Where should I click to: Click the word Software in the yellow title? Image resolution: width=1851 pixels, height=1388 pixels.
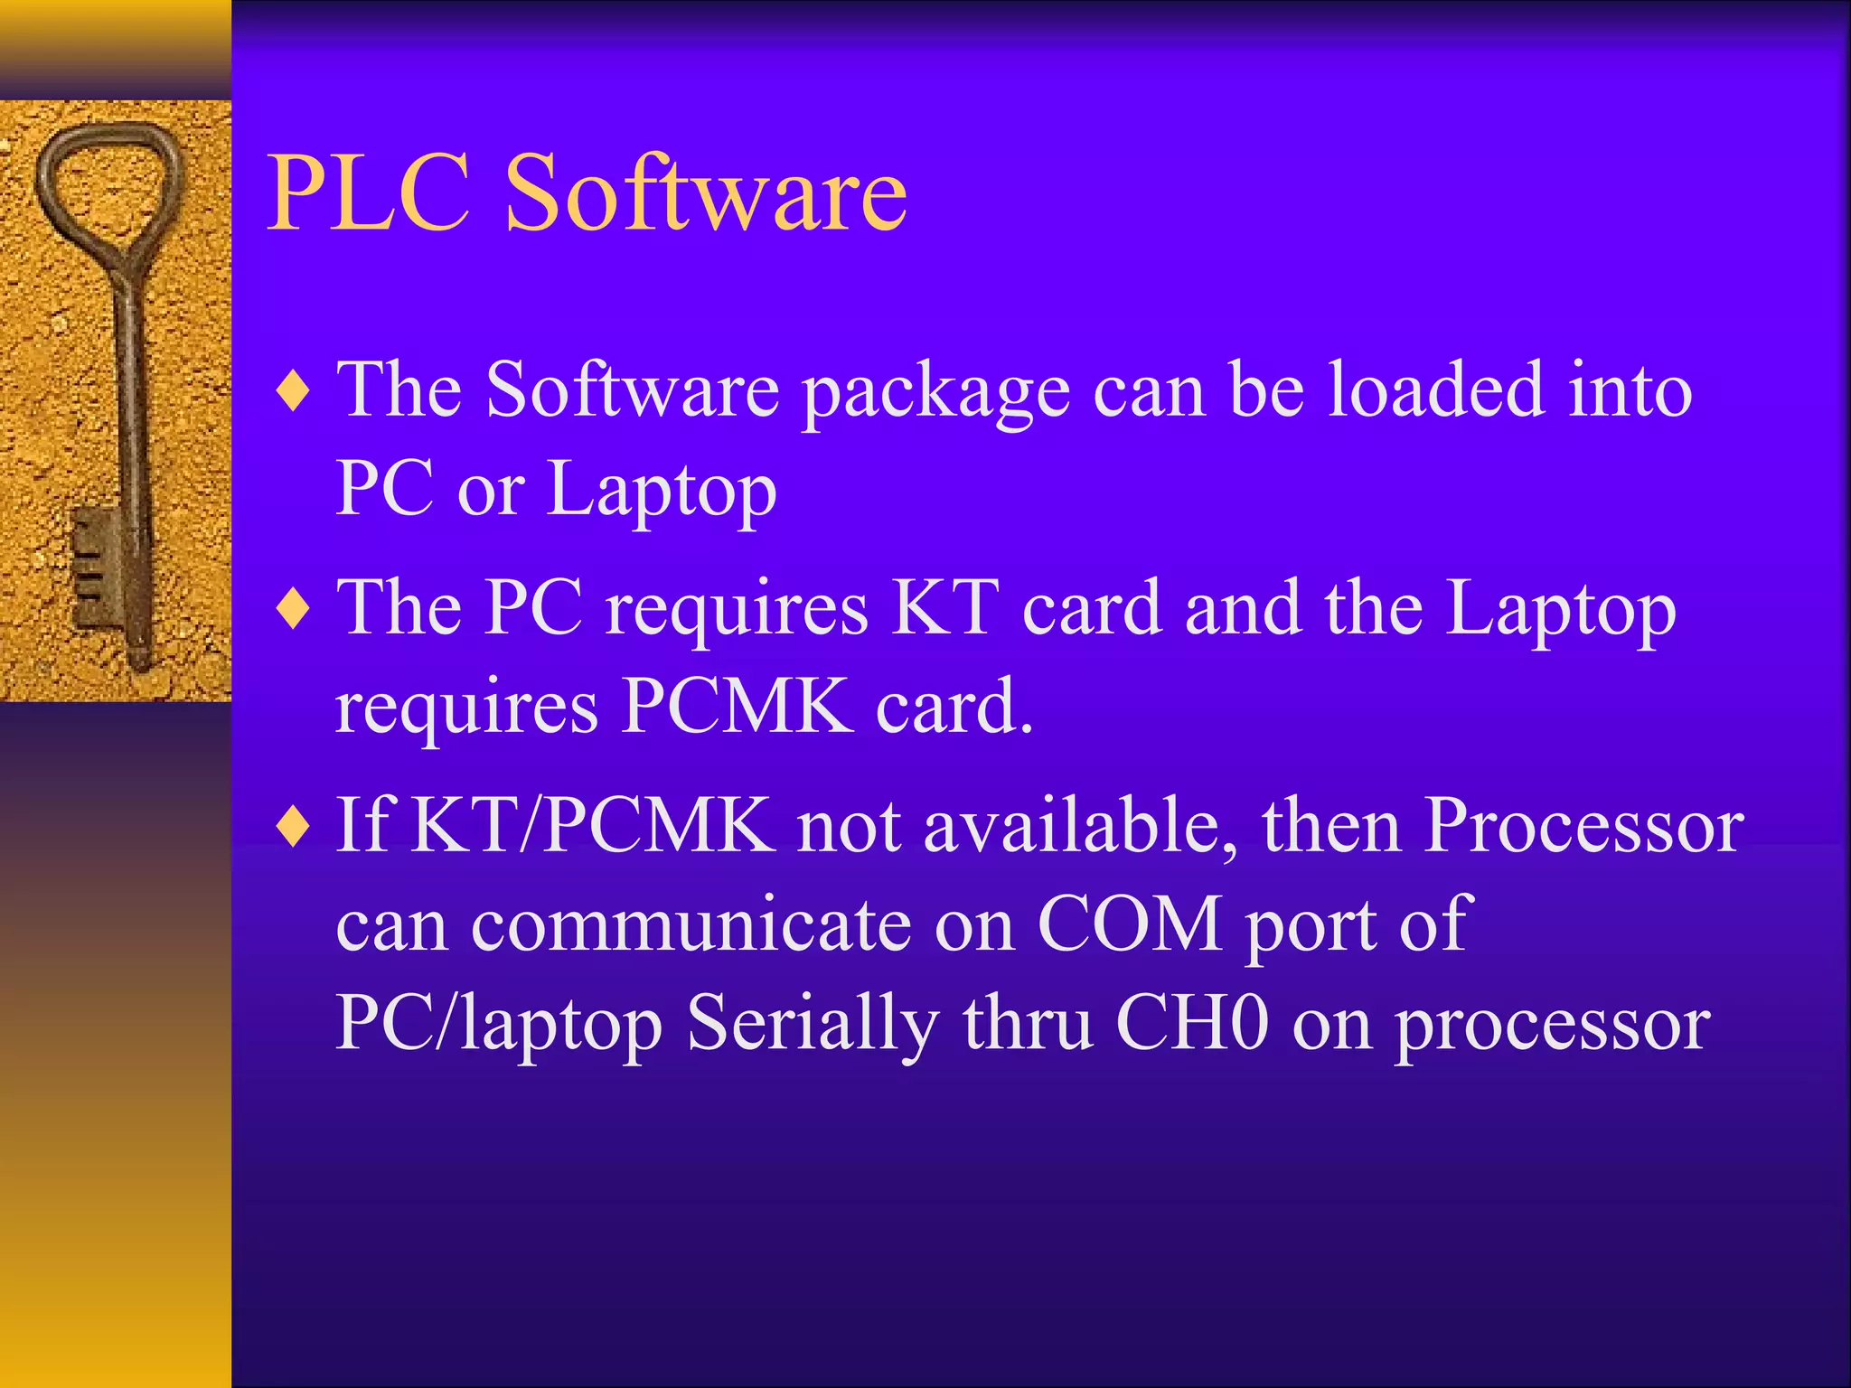point(705,192)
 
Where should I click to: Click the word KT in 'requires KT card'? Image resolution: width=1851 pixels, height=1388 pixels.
point(945,608)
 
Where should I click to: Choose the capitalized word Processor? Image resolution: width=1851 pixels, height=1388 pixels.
point(1583,826)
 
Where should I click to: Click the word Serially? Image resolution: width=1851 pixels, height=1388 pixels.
point(812,1027)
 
